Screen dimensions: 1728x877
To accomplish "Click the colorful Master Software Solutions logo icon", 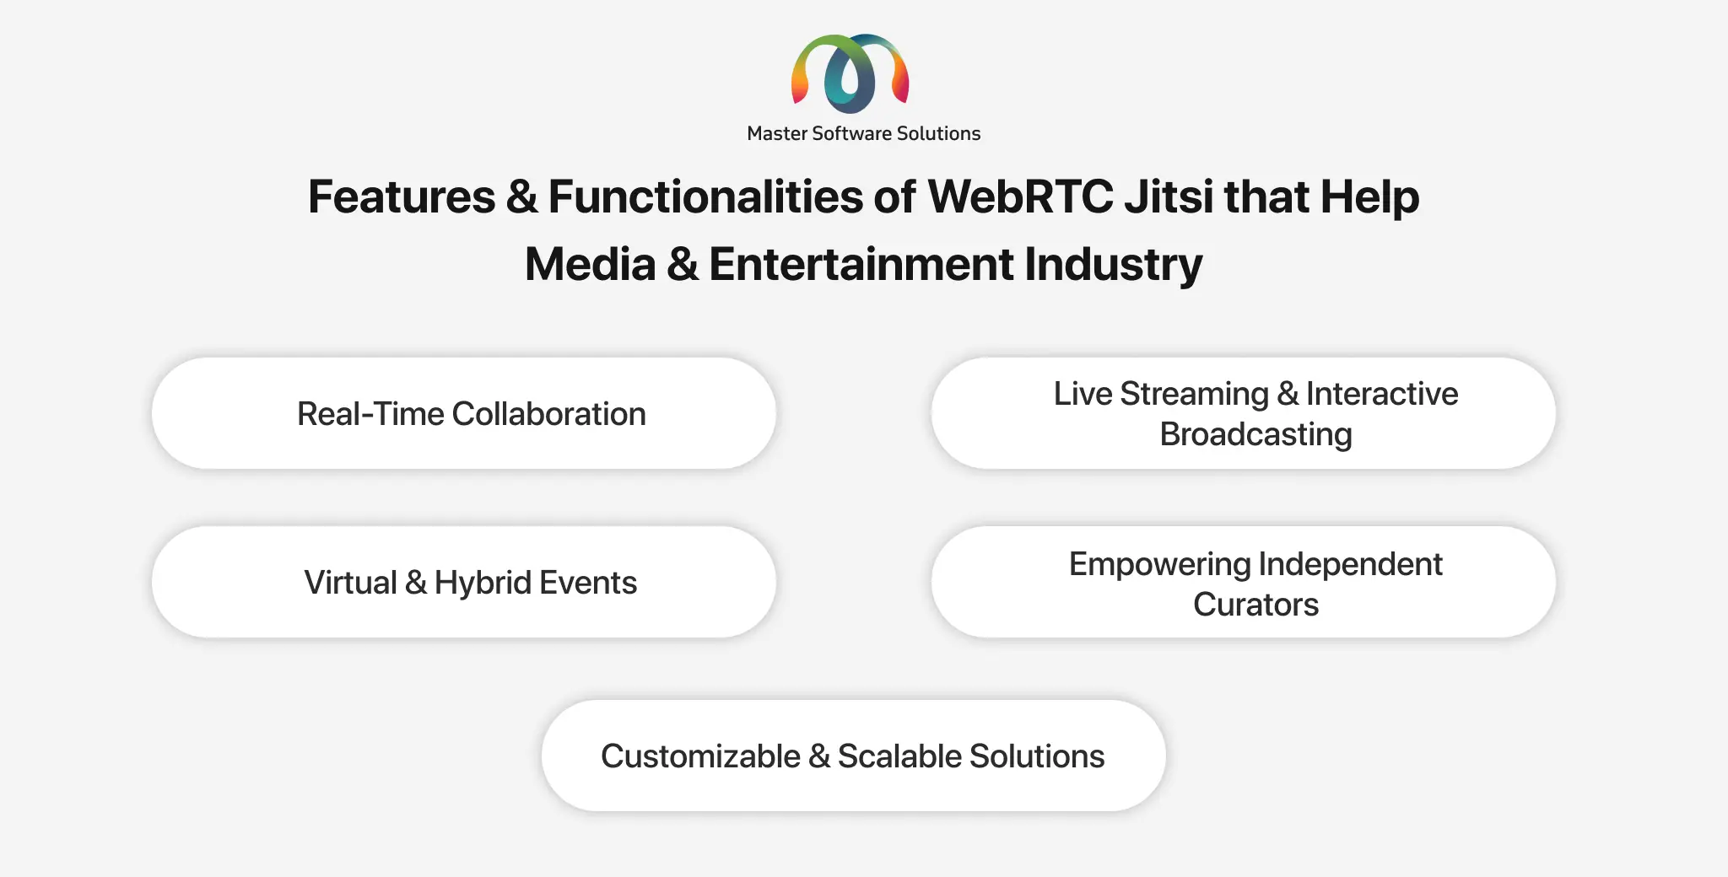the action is point(850,73).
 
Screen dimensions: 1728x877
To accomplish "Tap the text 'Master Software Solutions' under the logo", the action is point(864,133).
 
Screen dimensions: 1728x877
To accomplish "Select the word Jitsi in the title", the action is point(1168,197).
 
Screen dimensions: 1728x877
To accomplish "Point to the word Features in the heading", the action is point(402,197).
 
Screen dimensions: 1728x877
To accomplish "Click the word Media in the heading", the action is point(591,264).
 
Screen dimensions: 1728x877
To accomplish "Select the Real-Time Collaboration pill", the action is point(463,413).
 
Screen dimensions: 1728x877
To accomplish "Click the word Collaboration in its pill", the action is point(549,414).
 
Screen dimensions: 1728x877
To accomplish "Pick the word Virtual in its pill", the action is point(350,583).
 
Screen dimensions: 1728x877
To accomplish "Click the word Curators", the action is point(1255,605).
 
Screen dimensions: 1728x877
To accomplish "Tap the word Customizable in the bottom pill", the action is point(700,756).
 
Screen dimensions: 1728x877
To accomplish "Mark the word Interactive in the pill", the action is point(1382,394).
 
